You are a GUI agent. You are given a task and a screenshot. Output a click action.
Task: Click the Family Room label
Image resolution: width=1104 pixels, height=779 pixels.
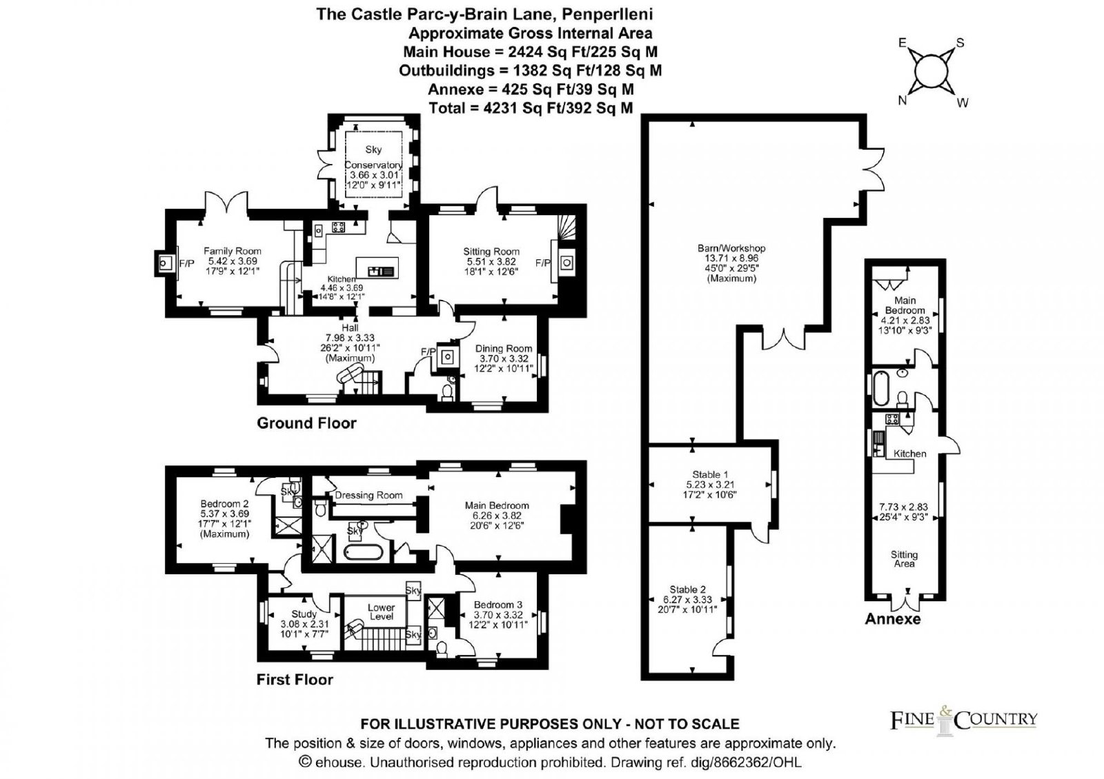click(x=232, y=251)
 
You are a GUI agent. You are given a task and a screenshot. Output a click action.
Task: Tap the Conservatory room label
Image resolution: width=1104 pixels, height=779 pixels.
click(x=373, y=165)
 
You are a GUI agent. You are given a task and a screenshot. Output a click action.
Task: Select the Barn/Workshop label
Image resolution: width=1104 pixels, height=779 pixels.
click(x=731, y=248)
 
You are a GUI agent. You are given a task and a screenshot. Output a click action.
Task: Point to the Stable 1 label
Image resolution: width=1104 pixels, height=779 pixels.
click(x=710, y=474)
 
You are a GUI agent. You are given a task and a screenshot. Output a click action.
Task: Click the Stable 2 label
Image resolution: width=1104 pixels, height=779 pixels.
click(x=687, y=589)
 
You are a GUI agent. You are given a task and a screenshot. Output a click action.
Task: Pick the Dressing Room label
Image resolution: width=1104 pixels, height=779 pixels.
click(x=368, y=495)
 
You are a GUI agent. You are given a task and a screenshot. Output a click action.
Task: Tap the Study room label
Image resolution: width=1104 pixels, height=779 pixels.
click(x=304, y=614)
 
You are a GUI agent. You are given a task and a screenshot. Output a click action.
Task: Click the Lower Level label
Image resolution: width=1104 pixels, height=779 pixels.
click(x=382, y=612)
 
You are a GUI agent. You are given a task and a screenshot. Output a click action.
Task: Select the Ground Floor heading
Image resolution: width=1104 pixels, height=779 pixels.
click(x=306, y=423)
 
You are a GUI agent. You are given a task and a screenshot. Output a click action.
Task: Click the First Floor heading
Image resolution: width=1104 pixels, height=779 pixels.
click(x=295, y=680)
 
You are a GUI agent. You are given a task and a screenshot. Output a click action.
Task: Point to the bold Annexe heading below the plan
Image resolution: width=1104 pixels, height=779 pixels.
click(x=893, y=619)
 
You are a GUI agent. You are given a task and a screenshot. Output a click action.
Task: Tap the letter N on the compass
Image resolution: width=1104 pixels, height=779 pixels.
click(x=903, y=101)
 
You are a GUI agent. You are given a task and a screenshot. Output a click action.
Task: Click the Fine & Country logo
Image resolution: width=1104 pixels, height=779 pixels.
click(x=963, y=720)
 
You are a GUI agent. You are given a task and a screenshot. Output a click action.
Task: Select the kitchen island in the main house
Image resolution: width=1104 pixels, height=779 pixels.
click(x=377, y=268)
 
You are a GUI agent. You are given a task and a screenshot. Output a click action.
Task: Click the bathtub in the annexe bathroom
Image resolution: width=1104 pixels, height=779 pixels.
click(x=880, y=389)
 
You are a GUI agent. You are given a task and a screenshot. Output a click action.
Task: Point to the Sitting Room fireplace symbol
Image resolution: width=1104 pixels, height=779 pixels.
click(x=566, y=263)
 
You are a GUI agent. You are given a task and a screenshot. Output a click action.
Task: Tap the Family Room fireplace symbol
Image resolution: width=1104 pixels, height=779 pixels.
click(x=164, y=263)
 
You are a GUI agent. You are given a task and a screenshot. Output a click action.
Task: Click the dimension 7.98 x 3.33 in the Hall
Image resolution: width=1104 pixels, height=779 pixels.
click(x=350, y=338)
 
